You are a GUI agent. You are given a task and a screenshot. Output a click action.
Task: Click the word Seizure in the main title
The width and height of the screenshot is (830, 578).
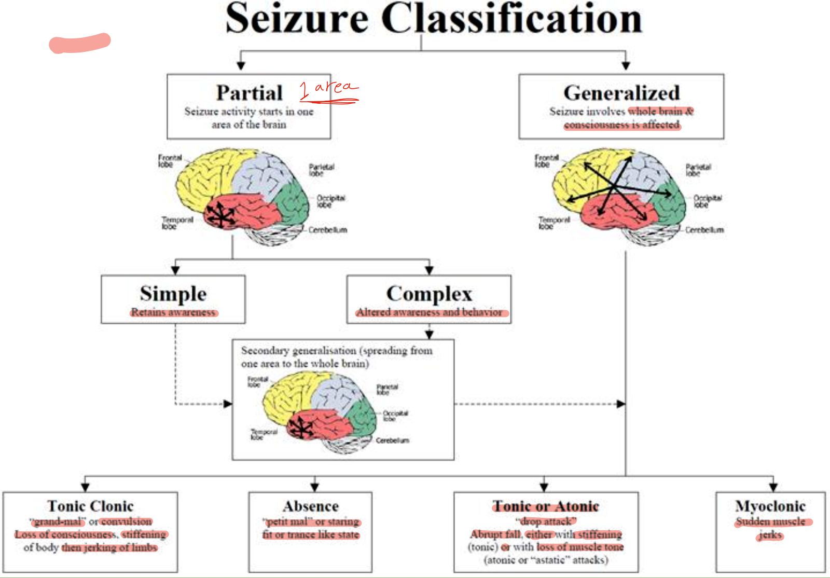(297, 19)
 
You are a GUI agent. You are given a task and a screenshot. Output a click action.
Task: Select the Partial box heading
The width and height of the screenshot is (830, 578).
(249, 93)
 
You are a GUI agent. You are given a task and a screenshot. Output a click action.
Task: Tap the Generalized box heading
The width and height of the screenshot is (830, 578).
(621, 93)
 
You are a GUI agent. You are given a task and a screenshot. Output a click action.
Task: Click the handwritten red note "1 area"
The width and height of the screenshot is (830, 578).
(328, 90)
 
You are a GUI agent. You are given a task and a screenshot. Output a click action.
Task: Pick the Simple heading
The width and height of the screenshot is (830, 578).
(173, 294)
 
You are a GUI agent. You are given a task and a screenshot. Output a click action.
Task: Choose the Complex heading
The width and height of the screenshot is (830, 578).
(429, 294)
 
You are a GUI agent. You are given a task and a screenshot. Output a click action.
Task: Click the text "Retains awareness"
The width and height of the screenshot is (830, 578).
(173, 312)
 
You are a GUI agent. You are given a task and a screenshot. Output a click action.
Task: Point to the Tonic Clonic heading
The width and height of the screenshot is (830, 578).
(90, 506)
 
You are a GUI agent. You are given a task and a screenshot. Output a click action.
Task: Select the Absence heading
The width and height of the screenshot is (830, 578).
(311, 506)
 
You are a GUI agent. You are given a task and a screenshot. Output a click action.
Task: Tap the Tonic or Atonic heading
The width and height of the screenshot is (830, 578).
(546, 506)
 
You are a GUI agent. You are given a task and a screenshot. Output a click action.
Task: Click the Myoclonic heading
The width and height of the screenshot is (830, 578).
(770, 506)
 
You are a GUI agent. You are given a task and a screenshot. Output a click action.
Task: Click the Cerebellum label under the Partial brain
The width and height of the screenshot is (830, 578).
(327, 230)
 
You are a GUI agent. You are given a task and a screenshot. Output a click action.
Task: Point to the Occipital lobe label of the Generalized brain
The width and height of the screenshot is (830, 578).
(708, 201)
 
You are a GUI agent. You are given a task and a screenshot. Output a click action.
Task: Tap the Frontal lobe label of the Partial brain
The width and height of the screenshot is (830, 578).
(170, 161)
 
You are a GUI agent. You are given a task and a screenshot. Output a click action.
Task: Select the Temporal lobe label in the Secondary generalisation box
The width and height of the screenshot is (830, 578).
(264, 434)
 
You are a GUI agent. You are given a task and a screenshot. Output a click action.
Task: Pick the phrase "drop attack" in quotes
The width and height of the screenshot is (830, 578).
(546, 521)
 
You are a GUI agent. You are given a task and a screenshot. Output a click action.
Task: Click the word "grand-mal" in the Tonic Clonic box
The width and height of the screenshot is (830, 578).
(58, 521)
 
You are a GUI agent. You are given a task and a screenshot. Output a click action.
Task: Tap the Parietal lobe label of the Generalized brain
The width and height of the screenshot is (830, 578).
(698, 170)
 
